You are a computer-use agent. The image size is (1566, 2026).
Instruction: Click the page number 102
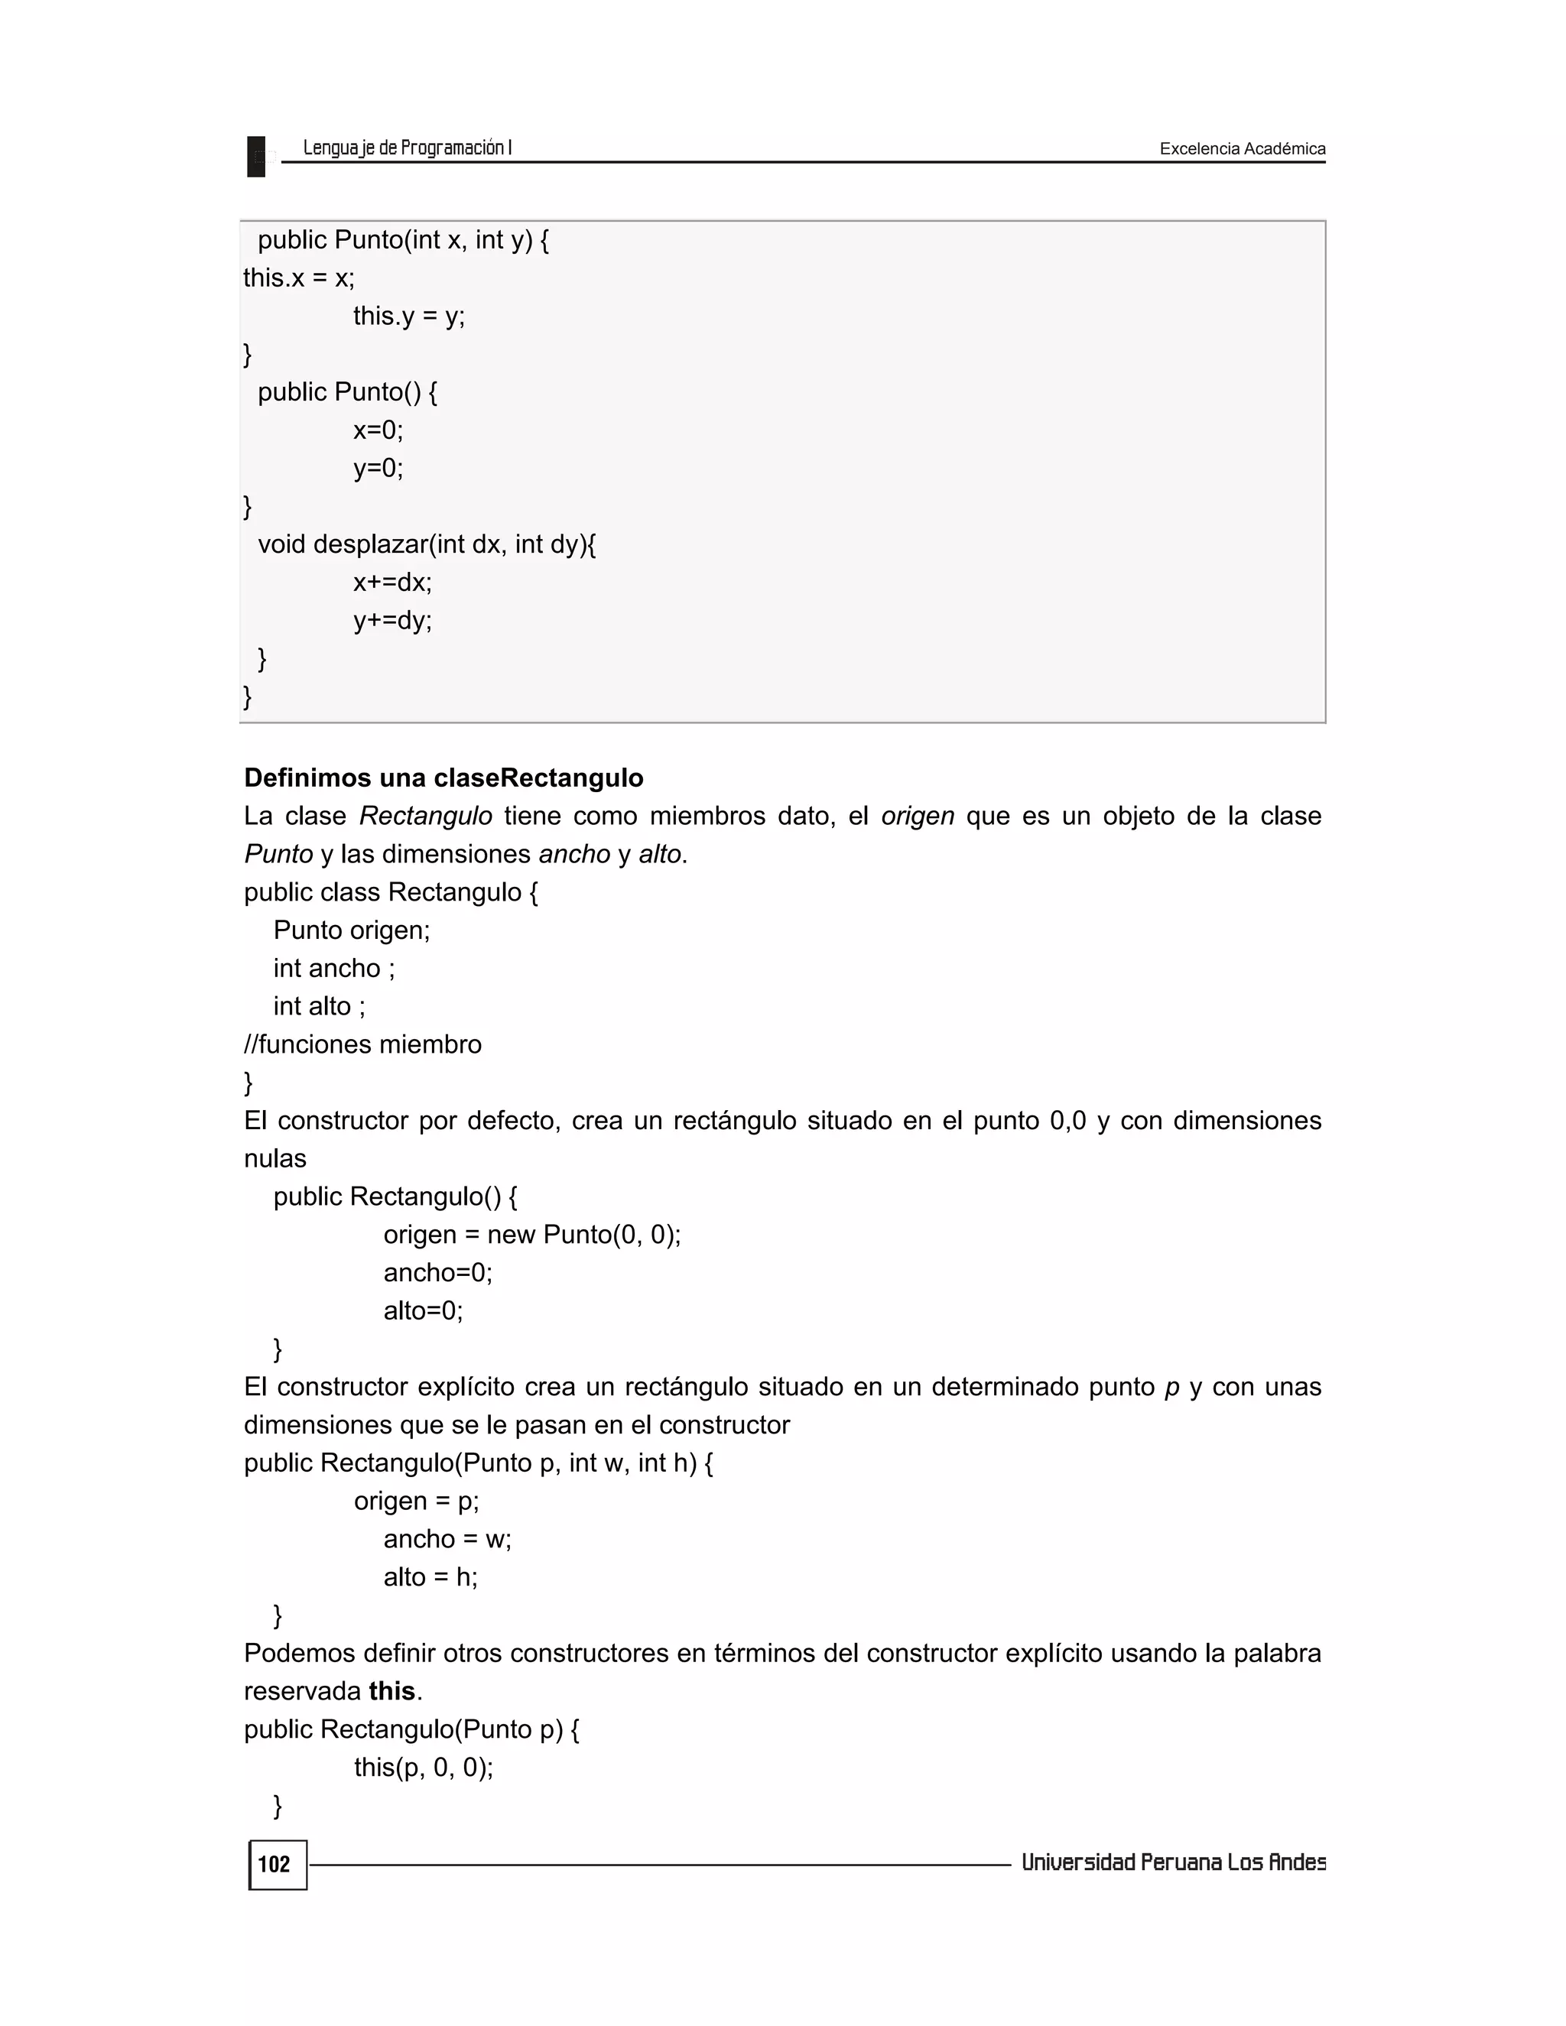(x=274, y=1865)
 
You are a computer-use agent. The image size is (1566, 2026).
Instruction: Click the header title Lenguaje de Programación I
(x=408, y=148)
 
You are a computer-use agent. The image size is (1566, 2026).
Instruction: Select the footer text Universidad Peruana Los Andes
(x=1173, y=1862)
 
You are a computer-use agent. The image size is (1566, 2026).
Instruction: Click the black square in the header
(x=256, y=156)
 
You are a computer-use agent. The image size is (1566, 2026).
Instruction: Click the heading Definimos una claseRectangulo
(x=443, y=778)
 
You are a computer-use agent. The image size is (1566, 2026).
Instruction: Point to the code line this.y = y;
(x=408, y=317)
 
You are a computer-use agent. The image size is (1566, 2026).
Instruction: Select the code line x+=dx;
(x=391, y=583)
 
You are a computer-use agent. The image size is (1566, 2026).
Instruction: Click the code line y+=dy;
(x=391, y=621)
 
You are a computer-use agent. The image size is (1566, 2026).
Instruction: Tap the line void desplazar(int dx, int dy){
(x=427, y=544)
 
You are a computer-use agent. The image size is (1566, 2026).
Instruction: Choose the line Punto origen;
(x=352, y=930)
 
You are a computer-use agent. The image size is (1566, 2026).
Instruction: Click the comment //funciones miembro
(x=362, y=1044)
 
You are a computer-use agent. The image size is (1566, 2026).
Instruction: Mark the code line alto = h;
(x=430, y=1577)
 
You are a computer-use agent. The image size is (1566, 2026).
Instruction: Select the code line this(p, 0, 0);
(x=423, y=1767)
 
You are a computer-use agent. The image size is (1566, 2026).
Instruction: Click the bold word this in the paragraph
(x=391, y=1691)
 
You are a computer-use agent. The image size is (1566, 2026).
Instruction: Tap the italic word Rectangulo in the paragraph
(x=426, y=817)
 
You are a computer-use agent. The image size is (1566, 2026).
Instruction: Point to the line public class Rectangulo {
(x=391, y=892)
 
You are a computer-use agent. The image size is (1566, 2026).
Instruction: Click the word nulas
(x=275, y=1158)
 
